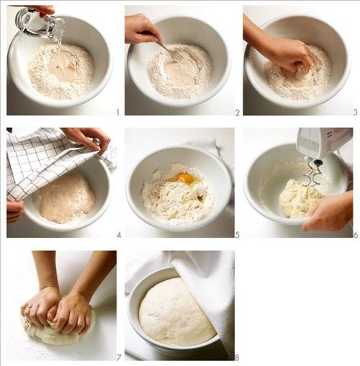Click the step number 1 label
(117, 112)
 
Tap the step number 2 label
(238, 112)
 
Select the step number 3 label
(355, 112)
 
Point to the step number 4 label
(119, 235)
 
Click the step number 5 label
(238, 235)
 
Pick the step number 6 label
(356, 234)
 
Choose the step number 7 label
(119, 357)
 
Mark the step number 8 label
(237, 358)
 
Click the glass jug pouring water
(40, 24)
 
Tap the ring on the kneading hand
(29, 307)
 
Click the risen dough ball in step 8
(176, 312)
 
